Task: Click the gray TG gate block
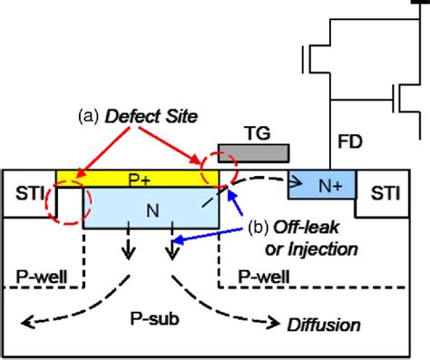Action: pyautogui.click(x=254, y=151)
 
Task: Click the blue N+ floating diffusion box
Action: pyautogui.click(x=319, y=185)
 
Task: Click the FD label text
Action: pyautogui.click(x=350, y=141)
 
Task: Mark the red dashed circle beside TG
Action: pyautogui.click(x=220, y=170)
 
